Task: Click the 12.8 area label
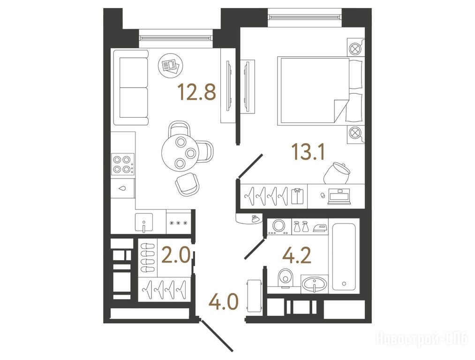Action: pyautogui.click(x=197, y=92)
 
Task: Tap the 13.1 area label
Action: pyautogui.click(x=308, y=152)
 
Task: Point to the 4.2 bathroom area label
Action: pyautogui.click(x=296, y=256)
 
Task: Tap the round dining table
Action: pyautogui.click(x=181, y=152)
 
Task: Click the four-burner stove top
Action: pyautogui.click(x=123, y=164)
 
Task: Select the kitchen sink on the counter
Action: pyautogui.click(x=144, y=223)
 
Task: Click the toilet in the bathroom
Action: pyautogui.click(x=284, y=277)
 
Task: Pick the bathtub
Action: pyautogui.click(x=344, y=256)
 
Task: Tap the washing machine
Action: pyautogui.click(x=279, y=226)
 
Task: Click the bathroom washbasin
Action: pyautogui.click(x=315, y=284)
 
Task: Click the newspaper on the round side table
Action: pyautogui.click(x=169, y=65)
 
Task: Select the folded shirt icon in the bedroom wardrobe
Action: pyautogui.click(x=297, y=196)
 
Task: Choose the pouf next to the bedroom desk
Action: pyautogui.click(x=337, y=173)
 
